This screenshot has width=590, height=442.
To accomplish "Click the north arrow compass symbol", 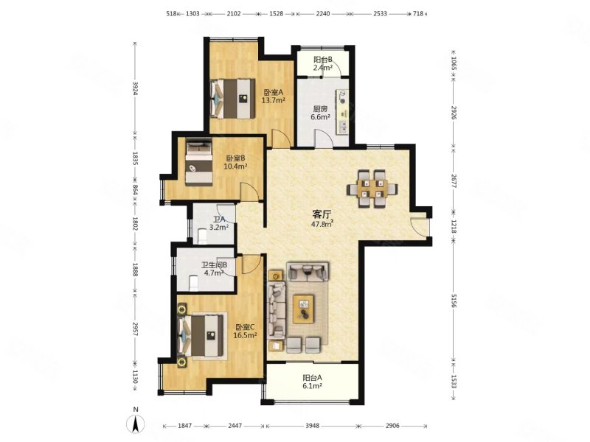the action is pos(136,424).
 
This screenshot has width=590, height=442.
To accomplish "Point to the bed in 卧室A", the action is pos(232,99).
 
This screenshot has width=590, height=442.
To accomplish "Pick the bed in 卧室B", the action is pos(198,162).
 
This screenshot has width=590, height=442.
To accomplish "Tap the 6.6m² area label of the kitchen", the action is pos(320,117).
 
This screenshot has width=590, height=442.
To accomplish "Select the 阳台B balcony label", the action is pos(323,60).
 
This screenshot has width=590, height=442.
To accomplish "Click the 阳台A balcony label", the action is pos(312,378).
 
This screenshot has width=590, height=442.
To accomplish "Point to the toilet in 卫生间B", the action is pos(193,282).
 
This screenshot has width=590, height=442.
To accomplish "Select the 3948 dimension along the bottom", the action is pos(312,426).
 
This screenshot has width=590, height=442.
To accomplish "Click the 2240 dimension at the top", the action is pos(323,13).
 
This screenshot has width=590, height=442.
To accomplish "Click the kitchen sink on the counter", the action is pos(343,126).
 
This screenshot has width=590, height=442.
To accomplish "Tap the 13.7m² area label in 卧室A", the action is pos(273,100).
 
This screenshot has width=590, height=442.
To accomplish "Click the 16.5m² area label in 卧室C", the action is pos(245,335).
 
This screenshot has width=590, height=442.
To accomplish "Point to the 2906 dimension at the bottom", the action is pos(392,426).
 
